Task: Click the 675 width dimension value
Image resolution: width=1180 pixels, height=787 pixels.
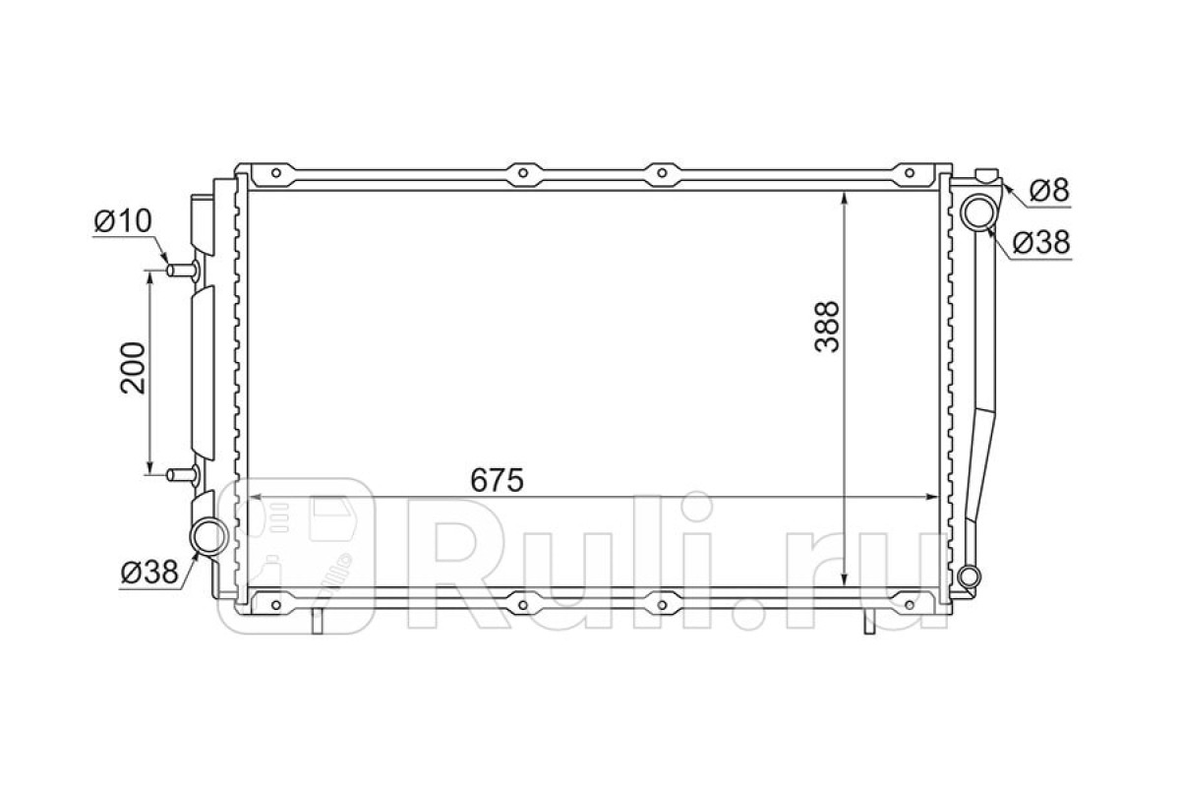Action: click(497, 480)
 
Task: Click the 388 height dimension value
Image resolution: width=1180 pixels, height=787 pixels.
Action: click(827, 327)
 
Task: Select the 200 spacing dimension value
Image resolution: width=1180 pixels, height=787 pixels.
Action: click(132, 368)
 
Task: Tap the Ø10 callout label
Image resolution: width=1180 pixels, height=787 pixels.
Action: click(123, 220)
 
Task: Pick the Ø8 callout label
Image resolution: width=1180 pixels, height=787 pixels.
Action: click(1049, 190)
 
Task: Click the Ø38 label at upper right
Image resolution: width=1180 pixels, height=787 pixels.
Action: click(1041, 242)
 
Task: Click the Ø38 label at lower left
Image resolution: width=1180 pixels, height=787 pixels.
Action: click(149, 572)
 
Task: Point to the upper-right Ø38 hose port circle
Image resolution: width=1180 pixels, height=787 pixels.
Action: click(978, 212)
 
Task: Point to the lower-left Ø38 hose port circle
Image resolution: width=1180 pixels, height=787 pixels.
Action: click(208, 536)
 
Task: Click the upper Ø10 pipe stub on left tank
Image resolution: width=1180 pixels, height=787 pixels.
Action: click(183, 271)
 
